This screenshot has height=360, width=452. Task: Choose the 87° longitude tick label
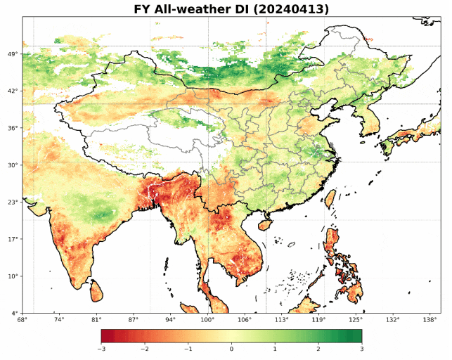pyautogui.click(x=133, y=320)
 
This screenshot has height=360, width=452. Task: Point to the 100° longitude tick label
pyautogui.click(x=207, y=320)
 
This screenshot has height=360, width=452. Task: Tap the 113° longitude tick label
pyautogui.click(x=281, y=320)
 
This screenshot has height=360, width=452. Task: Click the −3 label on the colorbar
pyautogui.click(x=101, y=349)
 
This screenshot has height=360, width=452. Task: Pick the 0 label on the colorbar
pyautogui.click(x=231, y=349)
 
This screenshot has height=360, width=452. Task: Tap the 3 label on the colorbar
pyautogui.click(x=361, y=349)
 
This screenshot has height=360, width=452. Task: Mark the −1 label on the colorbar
pyautogui.click(x=188, y=349)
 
